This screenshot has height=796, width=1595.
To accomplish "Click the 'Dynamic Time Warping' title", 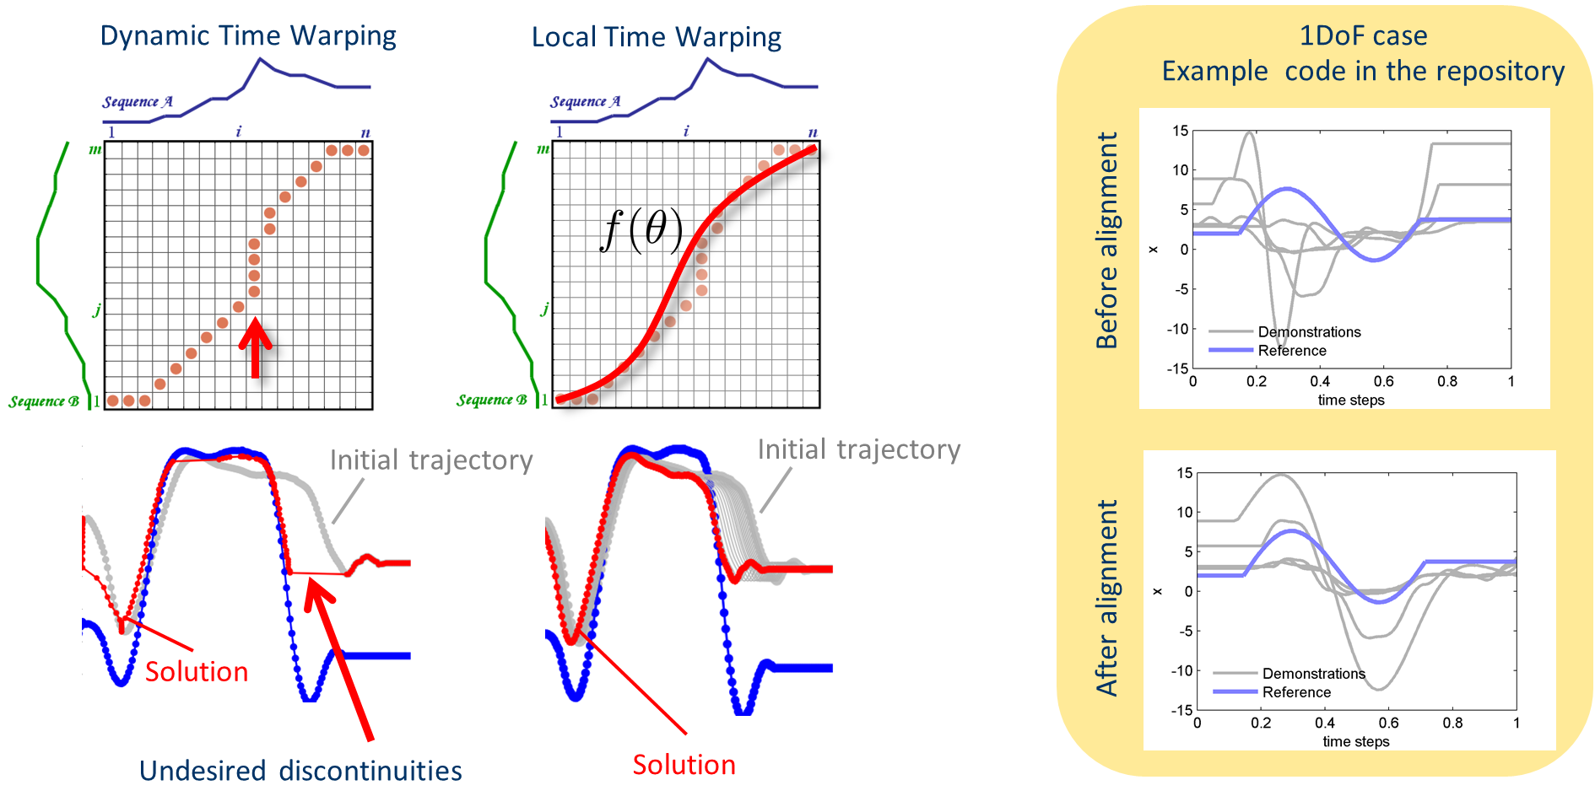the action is pyautogui.click(x=248, y=36).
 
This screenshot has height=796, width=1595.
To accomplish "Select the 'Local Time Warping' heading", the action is pyautogui.click(x=657, y=38).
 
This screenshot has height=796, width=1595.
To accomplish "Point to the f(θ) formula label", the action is pyautogui.click(x=641, y=230).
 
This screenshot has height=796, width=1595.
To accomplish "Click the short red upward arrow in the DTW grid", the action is pyautogui.click(x=255, y=347).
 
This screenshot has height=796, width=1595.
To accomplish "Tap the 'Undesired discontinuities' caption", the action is pyautogui.click(x=300, y=771).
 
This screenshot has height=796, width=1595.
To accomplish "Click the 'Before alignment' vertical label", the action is pyautogui.click(x=1106, y=240).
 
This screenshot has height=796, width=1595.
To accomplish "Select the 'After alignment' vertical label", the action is pyautogui.click(x=1106, y=598).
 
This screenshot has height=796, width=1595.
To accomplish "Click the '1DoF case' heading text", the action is pyautogui.click(x=1363, y=35).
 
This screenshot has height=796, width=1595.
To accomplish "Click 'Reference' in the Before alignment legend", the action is pyautogui.click(x=1292, y=351).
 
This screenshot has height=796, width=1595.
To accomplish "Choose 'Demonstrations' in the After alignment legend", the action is pyautogui.click(x=1314, y=674).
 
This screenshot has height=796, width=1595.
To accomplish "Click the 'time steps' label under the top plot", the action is pyautogui.click(x=1351, y=401).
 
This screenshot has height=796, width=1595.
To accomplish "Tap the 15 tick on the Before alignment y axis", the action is pyautogui.click(x=1180, y=131).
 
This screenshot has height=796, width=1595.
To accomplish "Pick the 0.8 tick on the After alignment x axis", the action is pyautogui.click(x=1452, y=723).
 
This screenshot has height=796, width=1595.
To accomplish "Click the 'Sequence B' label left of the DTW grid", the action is pyautogui.click(x=44, y=401).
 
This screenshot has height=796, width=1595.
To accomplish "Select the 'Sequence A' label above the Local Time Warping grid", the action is pyautogui.click(x=586, y=102).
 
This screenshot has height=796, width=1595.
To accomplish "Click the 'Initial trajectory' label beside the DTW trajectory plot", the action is pyautogui.click(x=431, y=460).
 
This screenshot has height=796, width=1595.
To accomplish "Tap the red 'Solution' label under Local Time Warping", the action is pyautogui.click(x=684, y=765).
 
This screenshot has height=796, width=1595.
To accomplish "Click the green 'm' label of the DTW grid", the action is pyautogui.click(x=95, y=150).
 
